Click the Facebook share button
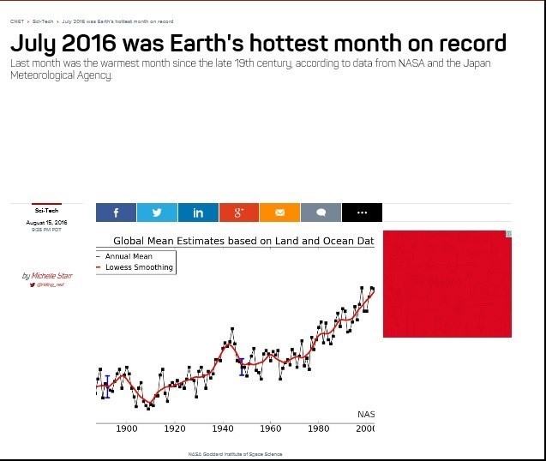pyautogui.click(x=116, y=213)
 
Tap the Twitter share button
pyautogui.click(x=157, y=213)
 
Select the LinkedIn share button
pyautogui.click(x=198, y=213)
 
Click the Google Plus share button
pyautogui.click(x=239, y=213)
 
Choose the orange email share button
pyautogui.click(x=279, y=213)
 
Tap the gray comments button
pyautogui.click(x=321, y=213)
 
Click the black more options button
pyautogui.click(x=362, y=213)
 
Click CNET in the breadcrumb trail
pyautogui.click(x=16, y=21)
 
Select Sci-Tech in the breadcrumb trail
pyautogui.click(x=42, y=21)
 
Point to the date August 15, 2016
pyautogui.click(x=47, y=223)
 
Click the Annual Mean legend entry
pyautogui.click(x=129, y=256)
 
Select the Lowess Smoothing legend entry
pyautogui.click(x=139, y=267)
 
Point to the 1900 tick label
pyautogui.click(x=127, y=428)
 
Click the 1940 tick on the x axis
pyautogui.click(x=223, y=428)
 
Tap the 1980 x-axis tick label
pyautogui.click(x=319, y=428)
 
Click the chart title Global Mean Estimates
pyautogui.click(x=243, y=242)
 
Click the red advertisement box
pyautogui.click(x=447, y=284)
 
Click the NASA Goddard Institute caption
pyautogui.click(x=235, y=454)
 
